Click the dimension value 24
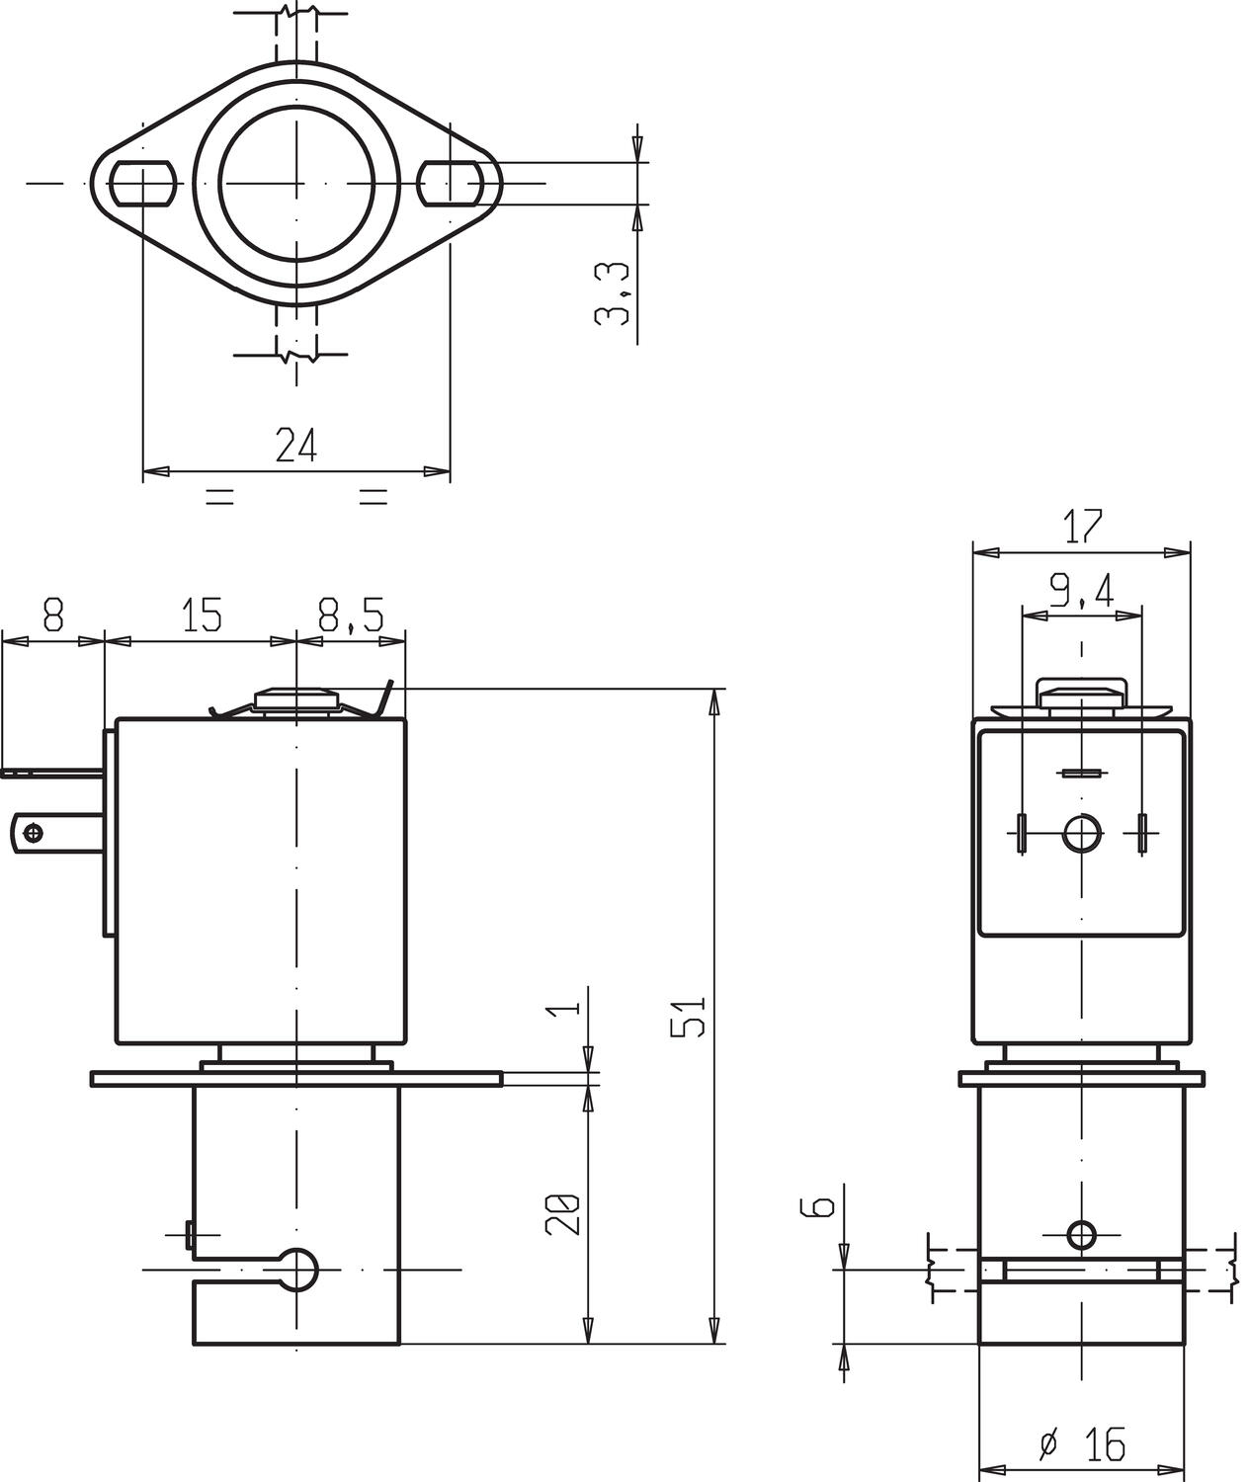(295, 446)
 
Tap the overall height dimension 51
(689, 1016)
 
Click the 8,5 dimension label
(351, 617)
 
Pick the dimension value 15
(201, 616)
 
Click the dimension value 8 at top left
(53, 616)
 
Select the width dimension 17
(1082, 527)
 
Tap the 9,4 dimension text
(1081, 592)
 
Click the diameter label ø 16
(1083, 1444)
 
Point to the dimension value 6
(822, 1205)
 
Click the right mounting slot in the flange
(451, 184)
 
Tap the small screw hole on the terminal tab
(37, 833)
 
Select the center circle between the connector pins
(1082, 833)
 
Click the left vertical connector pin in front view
(1022, 833)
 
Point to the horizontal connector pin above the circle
(1082, 773)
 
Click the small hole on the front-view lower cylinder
(1082, 1234)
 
